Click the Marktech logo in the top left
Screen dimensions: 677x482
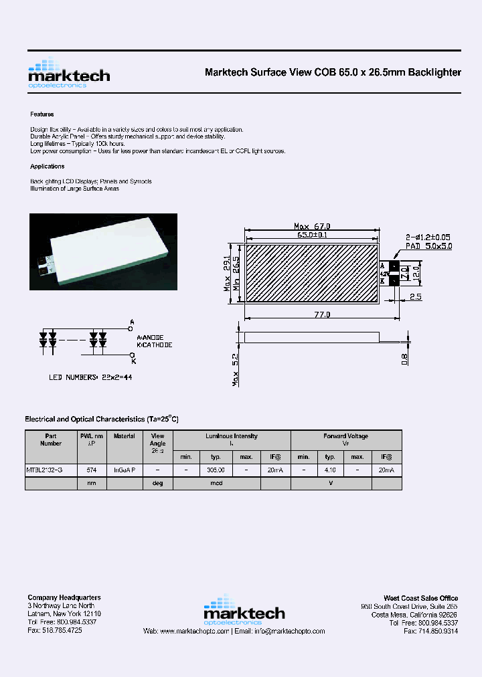[x=68, y=74]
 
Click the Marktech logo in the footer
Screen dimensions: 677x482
[x=244, y=610]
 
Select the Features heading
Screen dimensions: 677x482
[x=42, y=114]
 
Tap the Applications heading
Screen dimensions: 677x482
[x=48, y=167]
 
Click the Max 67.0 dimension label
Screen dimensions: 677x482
[x=312, y=226]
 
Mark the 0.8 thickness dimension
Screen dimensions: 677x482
[x=405, y=360]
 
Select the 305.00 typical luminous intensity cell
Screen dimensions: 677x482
[x=216, y=470]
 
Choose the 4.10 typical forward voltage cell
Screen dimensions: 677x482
[x=330, y=470]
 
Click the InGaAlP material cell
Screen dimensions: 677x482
[x=125, y=470]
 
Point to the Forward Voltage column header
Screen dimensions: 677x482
[x=345, y=436]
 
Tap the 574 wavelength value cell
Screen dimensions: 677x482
[x=92, y=470]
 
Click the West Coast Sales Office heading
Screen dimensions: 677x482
[x=420, y=598]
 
